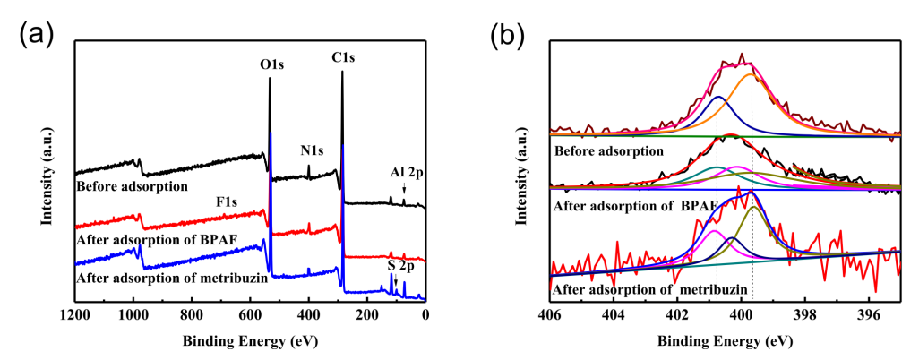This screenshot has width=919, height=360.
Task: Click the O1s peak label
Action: pos(272,64)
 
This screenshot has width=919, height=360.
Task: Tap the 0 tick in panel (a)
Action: pos(425,314)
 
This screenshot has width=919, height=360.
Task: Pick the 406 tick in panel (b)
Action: pos(549,314)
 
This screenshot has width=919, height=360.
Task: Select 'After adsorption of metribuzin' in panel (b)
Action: pos(640,290)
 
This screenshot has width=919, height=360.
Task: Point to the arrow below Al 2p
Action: pos(404,188)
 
